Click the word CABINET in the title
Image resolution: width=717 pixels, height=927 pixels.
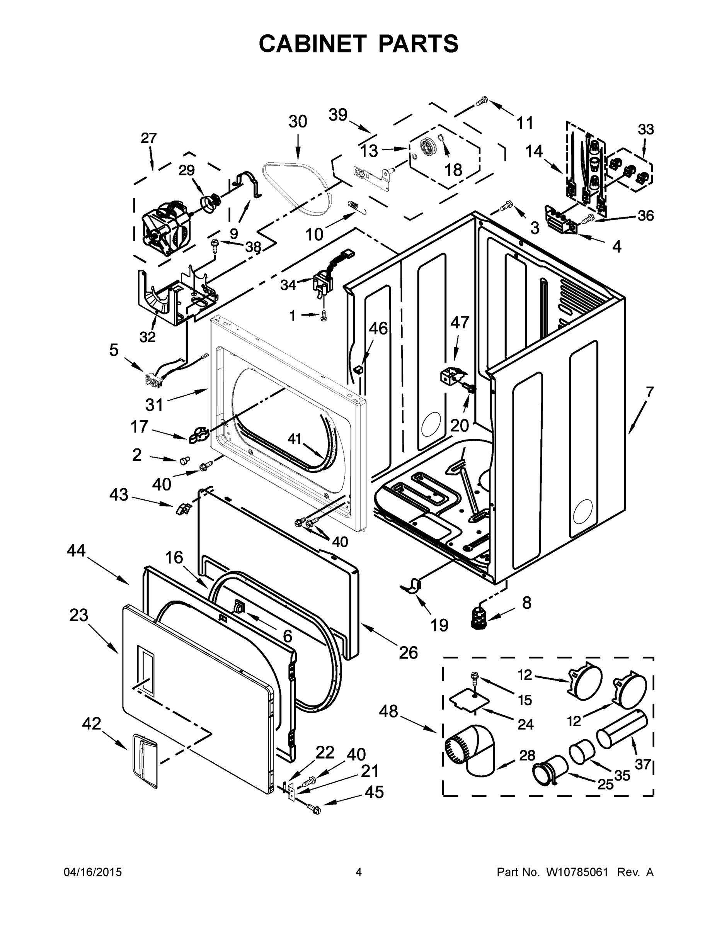312,43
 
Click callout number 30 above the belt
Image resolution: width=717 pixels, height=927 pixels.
298,122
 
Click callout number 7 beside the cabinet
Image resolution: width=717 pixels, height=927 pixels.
649,391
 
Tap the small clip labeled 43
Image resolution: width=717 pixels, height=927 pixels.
182,508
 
